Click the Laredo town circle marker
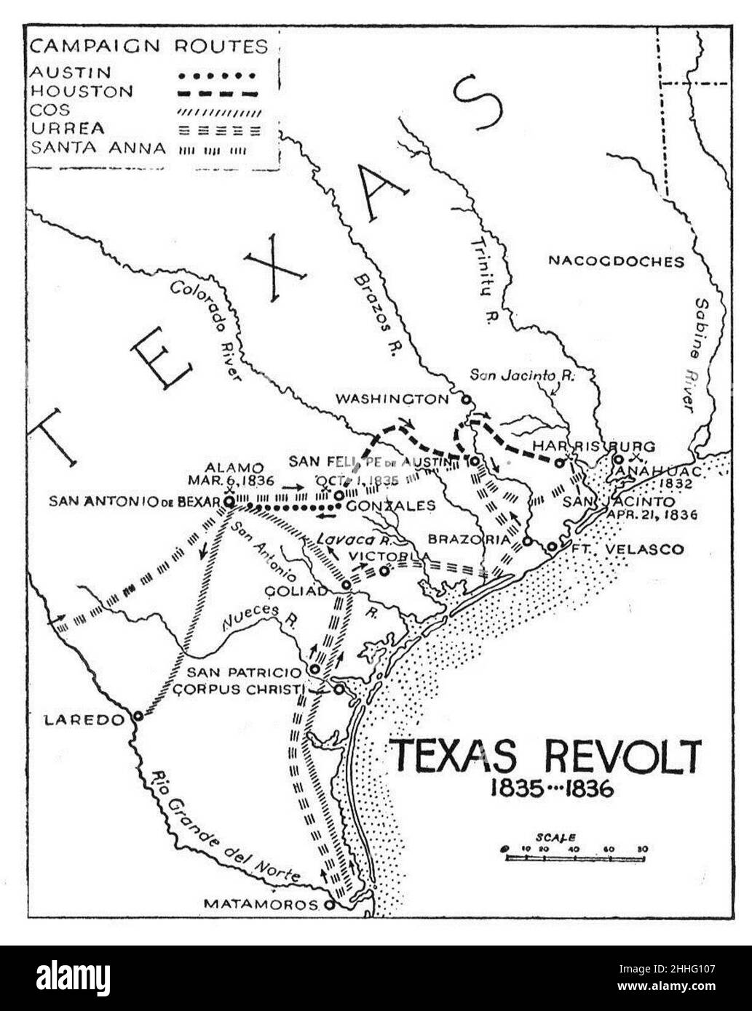(x=138, y=716)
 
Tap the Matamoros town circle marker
(x=329, y=906)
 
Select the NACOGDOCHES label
(x=617, y=261)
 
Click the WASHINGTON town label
(x=392, y=399)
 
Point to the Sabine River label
(x=701, y=354)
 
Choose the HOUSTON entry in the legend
(x=82, y=92)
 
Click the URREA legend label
(x=67, y=129)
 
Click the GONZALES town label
(x=389, y=505)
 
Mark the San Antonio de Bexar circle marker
(x=229, y=502)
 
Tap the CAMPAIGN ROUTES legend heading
(x=149, y=47)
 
